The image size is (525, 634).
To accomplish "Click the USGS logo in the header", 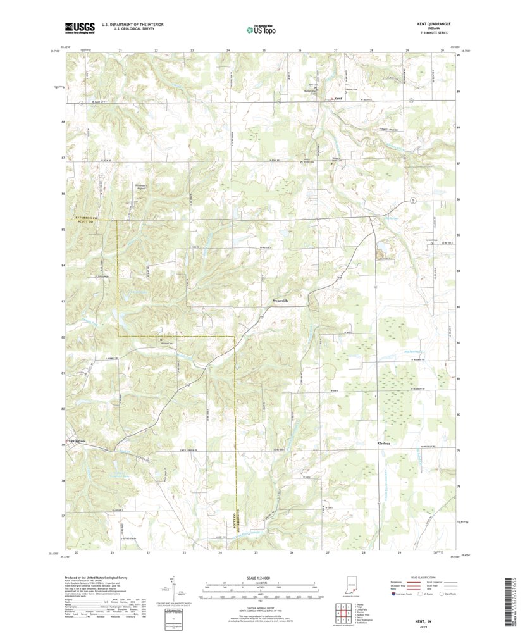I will pos(79,27).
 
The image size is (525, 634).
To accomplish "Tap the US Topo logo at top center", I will pos(261,28).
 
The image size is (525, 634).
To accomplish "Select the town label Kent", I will pos(338,99).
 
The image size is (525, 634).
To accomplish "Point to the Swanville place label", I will pos(280,301).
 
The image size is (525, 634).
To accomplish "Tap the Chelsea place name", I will pos(384,444).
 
